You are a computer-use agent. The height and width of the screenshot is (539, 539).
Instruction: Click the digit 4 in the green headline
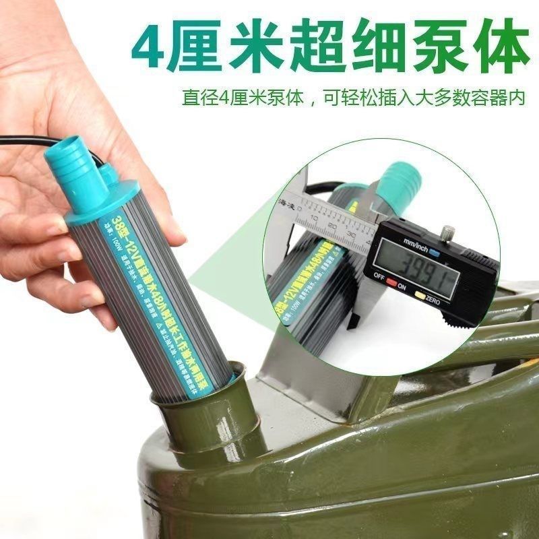149,46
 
